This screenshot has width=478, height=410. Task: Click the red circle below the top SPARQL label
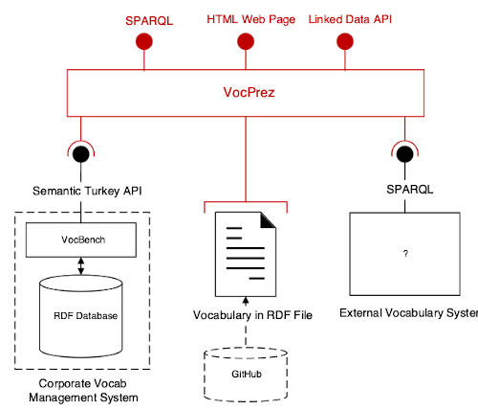point(144,41)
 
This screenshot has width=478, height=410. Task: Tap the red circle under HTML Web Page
point(246,41)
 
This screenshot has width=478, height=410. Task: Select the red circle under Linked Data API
point(345,41)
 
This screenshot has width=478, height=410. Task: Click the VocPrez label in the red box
point(249,92)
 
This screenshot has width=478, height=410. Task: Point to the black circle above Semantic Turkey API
point(81,154)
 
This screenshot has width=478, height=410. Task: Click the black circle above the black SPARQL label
point(404,154)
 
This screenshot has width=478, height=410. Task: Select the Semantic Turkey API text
point(87,191)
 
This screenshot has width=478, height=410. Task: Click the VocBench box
point(81,239)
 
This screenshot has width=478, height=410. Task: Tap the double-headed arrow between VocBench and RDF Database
point(81,266)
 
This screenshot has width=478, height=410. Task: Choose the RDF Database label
point(85,316)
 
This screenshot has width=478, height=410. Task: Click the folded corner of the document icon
point(268,220)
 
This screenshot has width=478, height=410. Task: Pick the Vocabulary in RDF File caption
point(252,315)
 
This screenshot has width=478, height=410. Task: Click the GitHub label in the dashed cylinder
point(247,374)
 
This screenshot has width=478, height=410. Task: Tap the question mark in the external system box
point(405,254)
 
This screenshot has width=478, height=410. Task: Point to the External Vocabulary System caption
point(409,313)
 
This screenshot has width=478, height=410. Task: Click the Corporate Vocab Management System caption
point(83,391)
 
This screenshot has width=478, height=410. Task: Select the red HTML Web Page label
point(250,19)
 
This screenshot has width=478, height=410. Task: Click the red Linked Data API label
point(350,19)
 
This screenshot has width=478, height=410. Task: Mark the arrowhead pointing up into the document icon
point(246,300)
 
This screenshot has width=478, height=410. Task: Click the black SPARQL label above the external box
point(410,190)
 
